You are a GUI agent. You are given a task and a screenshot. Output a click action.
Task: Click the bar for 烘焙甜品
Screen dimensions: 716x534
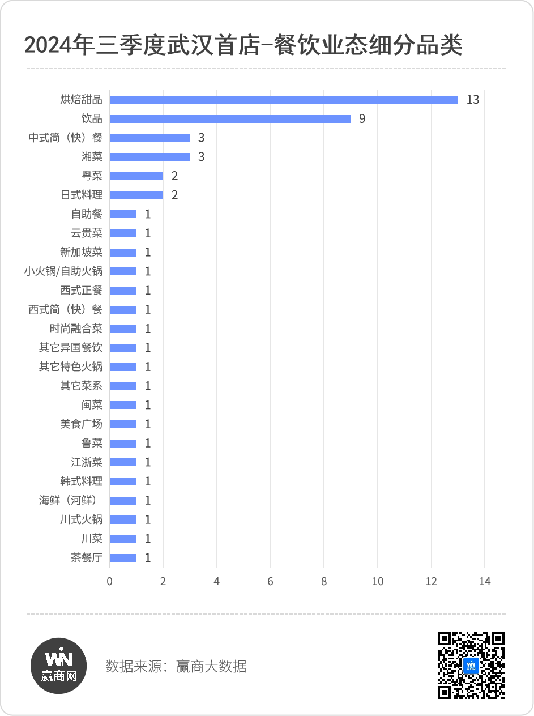pos(283,100)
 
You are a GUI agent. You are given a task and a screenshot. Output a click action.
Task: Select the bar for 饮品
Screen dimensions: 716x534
pos(230,119)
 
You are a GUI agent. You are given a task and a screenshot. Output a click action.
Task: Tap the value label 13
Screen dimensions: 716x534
pos(473,100)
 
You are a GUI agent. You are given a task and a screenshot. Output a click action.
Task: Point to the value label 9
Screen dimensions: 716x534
pos(362,120)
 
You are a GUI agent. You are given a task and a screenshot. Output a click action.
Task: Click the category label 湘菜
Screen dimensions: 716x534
pos(92,157)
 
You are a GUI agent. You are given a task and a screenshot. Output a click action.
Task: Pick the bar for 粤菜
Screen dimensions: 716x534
pos(136,176)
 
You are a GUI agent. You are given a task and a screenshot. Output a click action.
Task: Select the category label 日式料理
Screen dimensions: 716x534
pos(82,195)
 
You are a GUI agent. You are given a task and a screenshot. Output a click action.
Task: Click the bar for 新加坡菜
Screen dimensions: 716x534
pos(123,253)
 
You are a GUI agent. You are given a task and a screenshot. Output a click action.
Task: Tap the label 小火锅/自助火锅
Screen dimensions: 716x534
pos(63,271)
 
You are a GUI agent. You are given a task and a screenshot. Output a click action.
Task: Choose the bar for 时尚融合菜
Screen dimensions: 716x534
pos(123,329)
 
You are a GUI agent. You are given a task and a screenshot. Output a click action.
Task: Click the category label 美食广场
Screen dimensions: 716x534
pos(82,424)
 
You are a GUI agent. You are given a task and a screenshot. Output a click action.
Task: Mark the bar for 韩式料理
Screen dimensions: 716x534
pos(123,481)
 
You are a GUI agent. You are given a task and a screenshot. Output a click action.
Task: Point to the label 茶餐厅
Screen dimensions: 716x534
pos(87,558)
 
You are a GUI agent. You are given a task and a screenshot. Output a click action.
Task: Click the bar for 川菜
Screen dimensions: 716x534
pos(123,539)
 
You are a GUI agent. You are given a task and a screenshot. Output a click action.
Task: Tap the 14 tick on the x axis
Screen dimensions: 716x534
pos(485,582)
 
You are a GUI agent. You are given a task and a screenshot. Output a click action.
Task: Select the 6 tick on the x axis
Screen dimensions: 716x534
pos(270,582)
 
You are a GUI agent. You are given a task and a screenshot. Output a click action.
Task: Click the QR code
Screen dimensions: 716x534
pos(471,666)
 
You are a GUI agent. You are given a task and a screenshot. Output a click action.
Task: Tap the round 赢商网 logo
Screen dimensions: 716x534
pos(58,666)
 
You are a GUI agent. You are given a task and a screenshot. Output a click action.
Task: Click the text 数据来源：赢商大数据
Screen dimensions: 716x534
pos(176,666)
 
